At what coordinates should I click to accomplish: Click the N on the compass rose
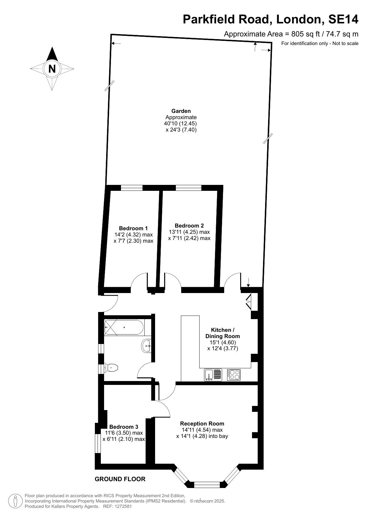point(52,69)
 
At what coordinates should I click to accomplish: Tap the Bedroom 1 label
point(133,228)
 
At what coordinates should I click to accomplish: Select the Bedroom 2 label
point(189,226)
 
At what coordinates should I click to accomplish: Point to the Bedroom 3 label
point(124,427)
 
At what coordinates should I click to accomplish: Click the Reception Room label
point(202,424)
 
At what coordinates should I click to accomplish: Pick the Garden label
point(181,111)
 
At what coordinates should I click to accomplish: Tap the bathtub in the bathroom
point(124,327)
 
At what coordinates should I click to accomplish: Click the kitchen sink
point(213,375)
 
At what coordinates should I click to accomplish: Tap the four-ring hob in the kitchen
point(234,375)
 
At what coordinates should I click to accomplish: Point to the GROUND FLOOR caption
point(120,479)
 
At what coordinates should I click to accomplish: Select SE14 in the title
point(343,20)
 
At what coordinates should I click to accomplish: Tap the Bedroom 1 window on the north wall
point(132,188)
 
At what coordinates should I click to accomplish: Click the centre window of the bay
point(207,485)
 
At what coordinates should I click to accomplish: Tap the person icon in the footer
point(15,501)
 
